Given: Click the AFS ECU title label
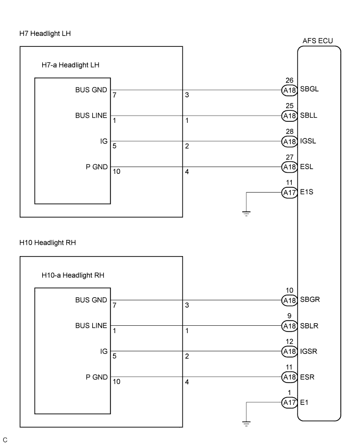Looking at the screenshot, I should coord(317,41).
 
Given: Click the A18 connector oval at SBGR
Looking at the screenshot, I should coord(289,300).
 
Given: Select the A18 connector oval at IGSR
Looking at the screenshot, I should coord(289,351).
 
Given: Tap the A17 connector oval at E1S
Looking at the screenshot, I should coord(289,193).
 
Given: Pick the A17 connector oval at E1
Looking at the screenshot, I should coord(289,402).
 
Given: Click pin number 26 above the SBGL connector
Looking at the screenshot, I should coord(289,80).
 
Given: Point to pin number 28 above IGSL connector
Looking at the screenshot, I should coord(289,132).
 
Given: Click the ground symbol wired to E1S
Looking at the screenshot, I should coord(246,213).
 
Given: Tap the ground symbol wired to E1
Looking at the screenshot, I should coord(246,423).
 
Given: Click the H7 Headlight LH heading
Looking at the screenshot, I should coord(44,34).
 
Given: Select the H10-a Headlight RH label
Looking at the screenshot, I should coord(72,275).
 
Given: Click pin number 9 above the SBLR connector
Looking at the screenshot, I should coord(289,316).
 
